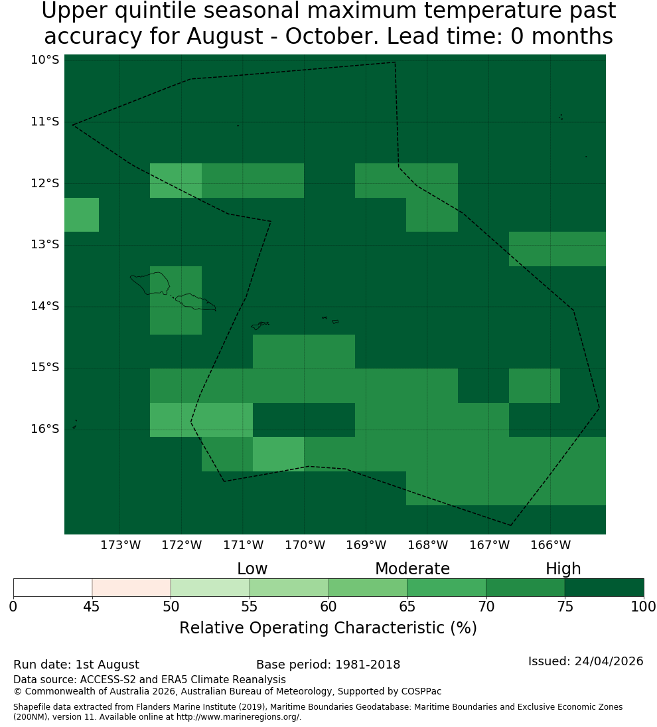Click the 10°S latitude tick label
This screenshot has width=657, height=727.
coord(45,60)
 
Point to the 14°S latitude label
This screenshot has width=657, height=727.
coord(45,306)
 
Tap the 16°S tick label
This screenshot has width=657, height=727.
coord(45,429)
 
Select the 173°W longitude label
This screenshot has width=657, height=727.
coord(121,545)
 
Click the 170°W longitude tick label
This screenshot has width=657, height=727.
coord(305,545)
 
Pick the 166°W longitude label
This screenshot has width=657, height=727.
coord(550,545)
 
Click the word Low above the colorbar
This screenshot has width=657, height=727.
coord(252,569)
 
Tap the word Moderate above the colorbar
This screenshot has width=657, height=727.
coord(412,569)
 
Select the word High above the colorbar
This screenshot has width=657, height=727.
coord(563,569)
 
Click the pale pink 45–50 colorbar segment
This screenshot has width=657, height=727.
coord(131,588)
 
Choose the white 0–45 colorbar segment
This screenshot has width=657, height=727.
coord(53,588)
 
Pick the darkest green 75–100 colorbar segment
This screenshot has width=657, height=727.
coord(604,588)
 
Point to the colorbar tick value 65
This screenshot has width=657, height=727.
coord(407,606)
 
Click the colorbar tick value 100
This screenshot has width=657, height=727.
coord(644,606)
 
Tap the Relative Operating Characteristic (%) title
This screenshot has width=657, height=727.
coord(328,628)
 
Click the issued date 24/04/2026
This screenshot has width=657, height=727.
coord(609,661)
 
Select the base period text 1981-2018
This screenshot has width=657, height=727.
coord(368,665)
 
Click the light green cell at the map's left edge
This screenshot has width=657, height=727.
coord(82,214)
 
